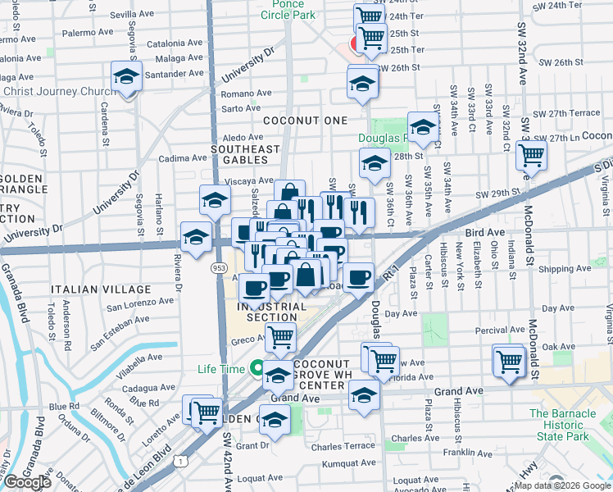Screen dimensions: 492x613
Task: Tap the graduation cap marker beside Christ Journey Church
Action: pyautogui.click(x=126, y=77)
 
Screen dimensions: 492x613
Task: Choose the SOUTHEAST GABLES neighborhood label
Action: pyautogui.click(x=245, y=155)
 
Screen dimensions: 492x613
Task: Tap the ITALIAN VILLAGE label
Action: pyautogui.click(x=101, y=289)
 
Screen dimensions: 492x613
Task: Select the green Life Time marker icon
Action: pyautogui.click(x=257, y=369)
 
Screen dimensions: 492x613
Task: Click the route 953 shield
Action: pyautogui.click(x=220, y=267)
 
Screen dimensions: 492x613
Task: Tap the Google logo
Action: pyautogui.click(x=27, y=482)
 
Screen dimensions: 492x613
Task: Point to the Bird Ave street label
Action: pyautogui.click(x=485, y=233)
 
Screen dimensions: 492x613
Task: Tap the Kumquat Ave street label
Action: pyautogui.click(x=348, y=464)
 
